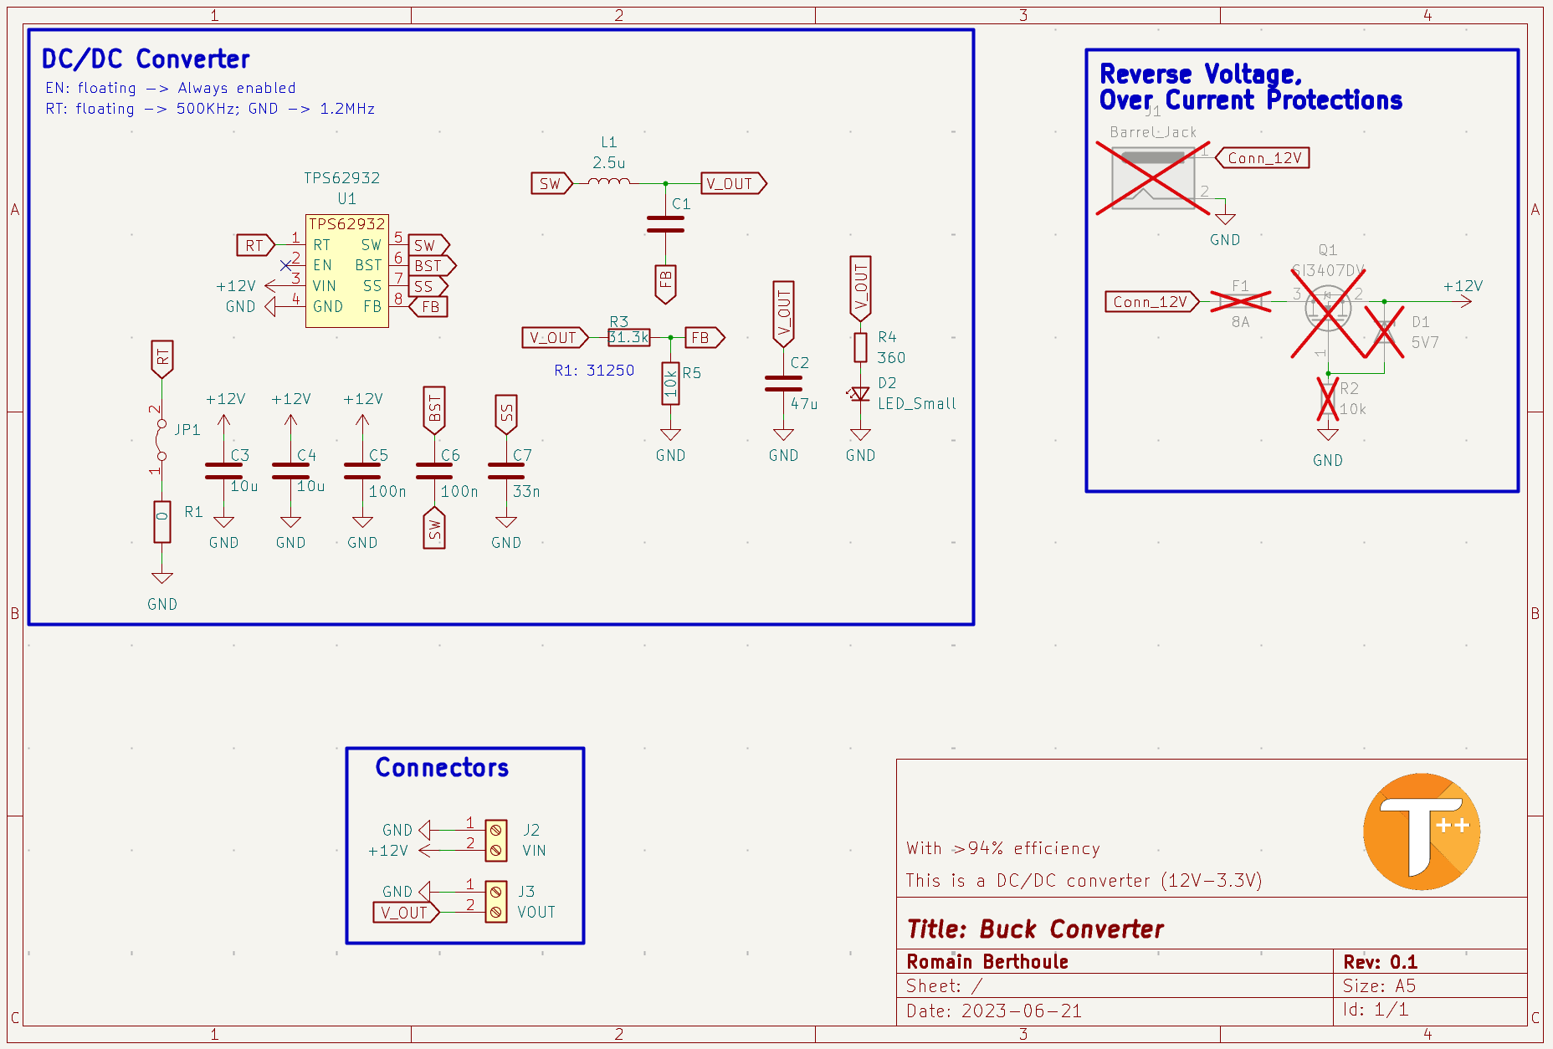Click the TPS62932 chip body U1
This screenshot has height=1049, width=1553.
point(346,271)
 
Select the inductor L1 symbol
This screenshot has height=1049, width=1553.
point(608,182)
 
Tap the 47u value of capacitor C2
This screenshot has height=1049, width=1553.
point(804,404)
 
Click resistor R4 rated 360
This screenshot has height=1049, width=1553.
point(860,347)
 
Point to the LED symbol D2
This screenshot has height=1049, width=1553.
point(859,394)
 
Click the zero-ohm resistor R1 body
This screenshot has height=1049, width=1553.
point(162,522)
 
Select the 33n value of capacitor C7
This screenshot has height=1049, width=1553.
point(526,492)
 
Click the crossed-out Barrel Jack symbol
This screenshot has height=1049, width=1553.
point(1152,177)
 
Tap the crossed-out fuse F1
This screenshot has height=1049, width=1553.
point(1240,301)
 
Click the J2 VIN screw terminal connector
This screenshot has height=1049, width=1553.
point(495,840)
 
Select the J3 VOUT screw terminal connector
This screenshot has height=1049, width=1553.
point(495,902)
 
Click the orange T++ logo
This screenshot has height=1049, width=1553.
point(1421,832)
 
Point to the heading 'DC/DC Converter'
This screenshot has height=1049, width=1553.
point(146,59)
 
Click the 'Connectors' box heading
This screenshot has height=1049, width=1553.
point(442,767)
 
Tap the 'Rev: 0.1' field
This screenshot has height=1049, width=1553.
point(1380,962)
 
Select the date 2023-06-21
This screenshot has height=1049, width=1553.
point(1021,1011)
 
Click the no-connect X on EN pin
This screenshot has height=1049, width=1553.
point(286,265)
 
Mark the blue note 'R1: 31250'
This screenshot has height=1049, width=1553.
point(594,371)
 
